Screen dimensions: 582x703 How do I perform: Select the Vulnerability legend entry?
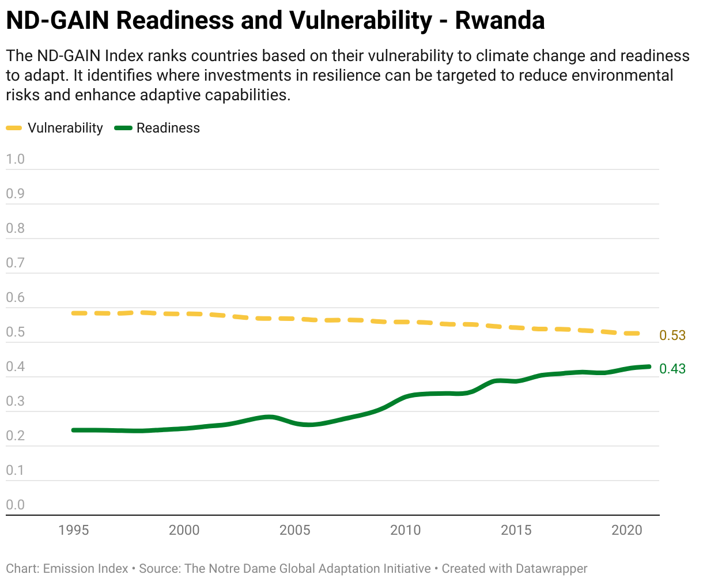[65, 128]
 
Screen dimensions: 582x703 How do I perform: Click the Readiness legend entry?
[168, 128]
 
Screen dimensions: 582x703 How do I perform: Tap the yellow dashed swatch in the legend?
[14, 128]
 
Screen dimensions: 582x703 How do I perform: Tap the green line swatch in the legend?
[124, 128]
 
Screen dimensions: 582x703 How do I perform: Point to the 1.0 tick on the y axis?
[16, 160]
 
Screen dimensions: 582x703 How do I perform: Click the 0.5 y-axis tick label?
[16, 332]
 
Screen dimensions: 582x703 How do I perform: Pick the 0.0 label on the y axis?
[16, 505]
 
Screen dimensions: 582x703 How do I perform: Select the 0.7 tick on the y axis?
[16, 263]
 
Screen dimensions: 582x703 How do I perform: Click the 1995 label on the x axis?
[74, 530]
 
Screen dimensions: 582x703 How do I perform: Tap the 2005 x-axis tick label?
[294, 530]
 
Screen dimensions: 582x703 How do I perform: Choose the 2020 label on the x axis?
[626, 530]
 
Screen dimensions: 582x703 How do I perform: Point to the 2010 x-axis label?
[405, 530]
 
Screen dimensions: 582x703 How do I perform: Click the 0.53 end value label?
[672, 335]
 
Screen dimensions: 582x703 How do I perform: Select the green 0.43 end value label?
[672, 369]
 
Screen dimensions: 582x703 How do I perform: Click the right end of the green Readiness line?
[649, 366]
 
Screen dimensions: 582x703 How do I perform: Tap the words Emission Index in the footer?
[86, 569]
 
